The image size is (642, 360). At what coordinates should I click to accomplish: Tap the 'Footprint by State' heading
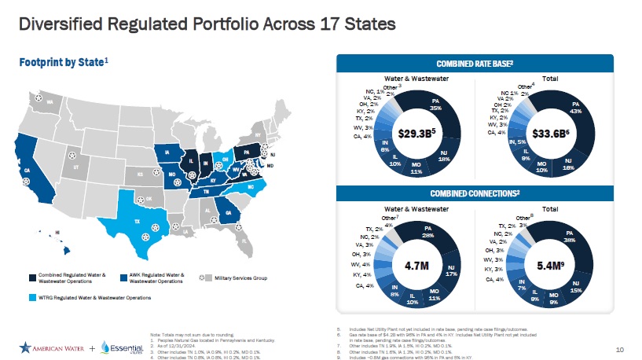point(63,61)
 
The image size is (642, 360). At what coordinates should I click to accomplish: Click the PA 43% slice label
point(576,107)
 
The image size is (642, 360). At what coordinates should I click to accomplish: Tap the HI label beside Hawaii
point(58,233)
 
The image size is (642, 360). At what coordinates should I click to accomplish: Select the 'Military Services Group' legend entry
point(240,278)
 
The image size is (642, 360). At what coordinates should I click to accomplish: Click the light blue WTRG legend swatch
point(31,298)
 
